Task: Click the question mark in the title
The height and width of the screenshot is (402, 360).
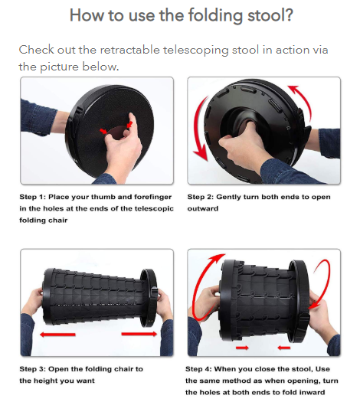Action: [x=288, y=15]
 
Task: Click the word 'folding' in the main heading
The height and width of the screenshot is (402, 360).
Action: [x=215, y=16]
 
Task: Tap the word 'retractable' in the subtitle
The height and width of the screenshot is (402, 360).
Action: [x=129, y=50]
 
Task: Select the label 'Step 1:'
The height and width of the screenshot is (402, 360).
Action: [x=32, y=197]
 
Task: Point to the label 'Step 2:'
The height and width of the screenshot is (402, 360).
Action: [x=200, y=197]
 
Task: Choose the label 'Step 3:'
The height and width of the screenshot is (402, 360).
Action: [x=32, y=369]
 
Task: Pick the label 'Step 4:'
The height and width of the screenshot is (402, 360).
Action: [x=198, y=369]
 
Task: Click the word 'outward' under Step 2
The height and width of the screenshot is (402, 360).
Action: [x=202, y=208]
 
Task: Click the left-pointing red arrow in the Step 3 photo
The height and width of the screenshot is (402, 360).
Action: [x=57, y=335]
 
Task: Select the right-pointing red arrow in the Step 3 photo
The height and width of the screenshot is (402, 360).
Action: [x=139, y=334]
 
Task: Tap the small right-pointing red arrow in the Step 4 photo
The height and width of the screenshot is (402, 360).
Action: [x=242, y=348]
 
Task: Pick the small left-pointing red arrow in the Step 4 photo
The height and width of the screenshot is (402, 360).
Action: [x=284, y=348]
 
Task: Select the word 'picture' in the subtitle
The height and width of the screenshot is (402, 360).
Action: [x=59, y=67]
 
